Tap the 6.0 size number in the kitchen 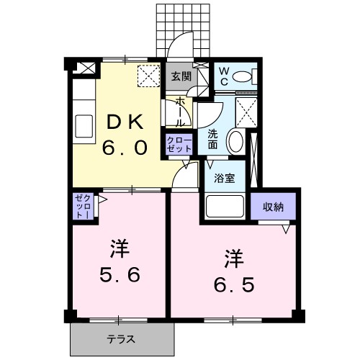(125, 148)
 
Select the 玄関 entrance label (181, 76)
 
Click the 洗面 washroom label (213, 139)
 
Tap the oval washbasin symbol (235, 140)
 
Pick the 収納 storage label (273, 207)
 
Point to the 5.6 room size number (120, 275)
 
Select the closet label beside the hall (179, 143)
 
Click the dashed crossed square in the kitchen (148, 76)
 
